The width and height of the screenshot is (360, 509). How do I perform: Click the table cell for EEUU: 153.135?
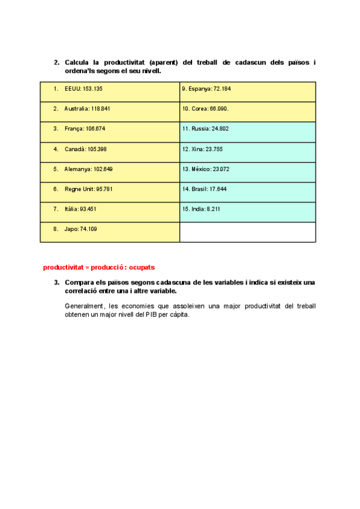[110, 89]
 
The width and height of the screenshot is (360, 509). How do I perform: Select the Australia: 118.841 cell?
[110, 109]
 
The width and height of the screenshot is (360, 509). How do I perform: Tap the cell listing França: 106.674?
[110, 129]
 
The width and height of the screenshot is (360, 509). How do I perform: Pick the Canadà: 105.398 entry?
[110, 149]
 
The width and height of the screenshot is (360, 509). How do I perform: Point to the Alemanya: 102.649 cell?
[110, 169]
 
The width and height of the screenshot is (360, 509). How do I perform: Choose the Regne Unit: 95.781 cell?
[110, 189]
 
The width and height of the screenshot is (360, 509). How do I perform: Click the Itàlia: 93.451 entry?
[110, 209]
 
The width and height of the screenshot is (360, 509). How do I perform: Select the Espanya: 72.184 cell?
[247, 89]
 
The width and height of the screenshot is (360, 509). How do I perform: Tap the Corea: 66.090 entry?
[247, 109]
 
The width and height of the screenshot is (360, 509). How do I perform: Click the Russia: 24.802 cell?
[247, 129]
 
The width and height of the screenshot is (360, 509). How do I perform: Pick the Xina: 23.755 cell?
[247, 149]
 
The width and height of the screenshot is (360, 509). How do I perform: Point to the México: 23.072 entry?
[247, 169]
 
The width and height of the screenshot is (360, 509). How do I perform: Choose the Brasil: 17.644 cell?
[247, 189]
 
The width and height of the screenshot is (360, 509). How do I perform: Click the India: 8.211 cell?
[247, 209]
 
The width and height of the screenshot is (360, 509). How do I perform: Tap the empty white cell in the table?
[247, 232]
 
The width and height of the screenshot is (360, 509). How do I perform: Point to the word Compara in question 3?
[80, 282]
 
